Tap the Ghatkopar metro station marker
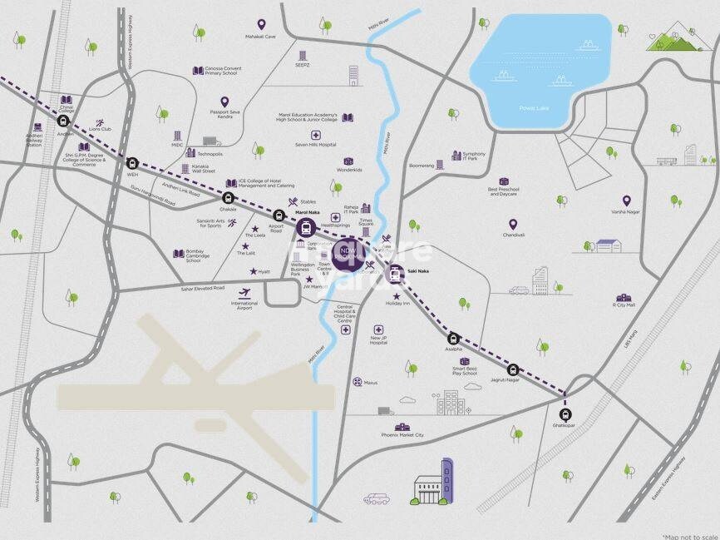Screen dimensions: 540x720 tap(566, 414)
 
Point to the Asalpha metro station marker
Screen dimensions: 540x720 tap(454, 339)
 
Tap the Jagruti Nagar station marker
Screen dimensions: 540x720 tap(513, 369)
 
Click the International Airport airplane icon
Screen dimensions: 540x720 tap(244, 292)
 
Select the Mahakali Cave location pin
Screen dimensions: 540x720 tap(261, 25)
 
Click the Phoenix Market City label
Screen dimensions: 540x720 tap(402, 435)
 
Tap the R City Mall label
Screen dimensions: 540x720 tap(624, 305)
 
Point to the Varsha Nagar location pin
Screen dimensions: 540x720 tap(627, 201)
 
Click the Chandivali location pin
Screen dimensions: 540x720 tap(513, 224)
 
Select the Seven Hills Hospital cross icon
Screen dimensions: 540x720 tap(316, 136)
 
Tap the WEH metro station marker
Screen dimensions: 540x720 tap(131, 163)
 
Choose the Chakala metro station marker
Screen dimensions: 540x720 tap(229, 198)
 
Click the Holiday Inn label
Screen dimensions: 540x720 tap(397, 304)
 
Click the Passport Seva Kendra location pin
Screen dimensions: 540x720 tap(224, 102)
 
